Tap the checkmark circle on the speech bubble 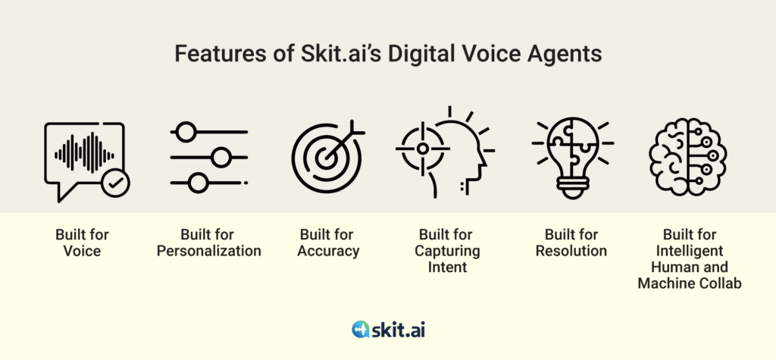(x=116, y=183)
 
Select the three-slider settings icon (x=209, y=158)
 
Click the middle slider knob (x=221, y=158)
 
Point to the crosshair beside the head (x=422, y=148)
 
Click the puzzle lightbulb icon (x=573, y=158)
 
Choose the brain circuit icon (x=687, y=158)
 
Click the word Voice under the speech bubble (x=82, y=251)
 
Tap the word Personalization (x=209, y=251)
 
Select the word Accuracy (x=328, y=251)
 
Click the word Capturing (x=447, y=251)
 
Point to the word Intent (x=447, y=267)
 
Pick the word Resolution (x=571, y=251)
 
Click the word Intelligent (x=690, y=251)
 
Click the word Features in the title (x=208, y=54)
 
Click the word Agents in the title (x=568, y=55)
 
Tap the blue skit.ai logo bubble (x=361, y=329)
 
